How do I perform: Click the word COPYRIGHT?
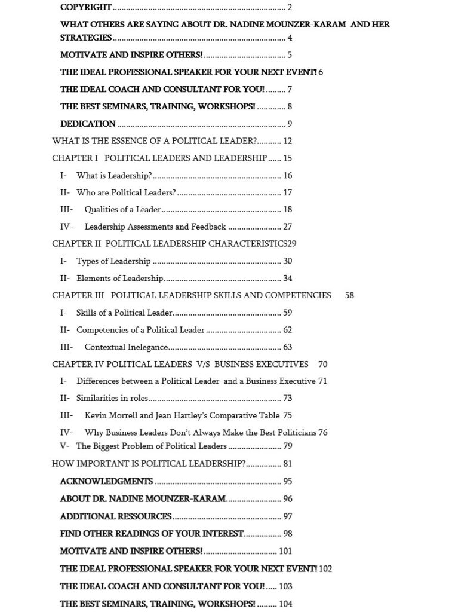(86, 7)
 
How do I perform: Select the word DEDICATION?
(88, 124)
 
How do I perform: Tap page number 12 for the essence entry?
(288, 141)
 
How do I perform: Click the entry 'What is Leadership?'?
(114, 176)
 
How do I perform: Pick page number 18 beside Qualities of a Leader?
(288, 210)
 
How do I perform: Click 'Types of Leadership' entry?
(113, 261)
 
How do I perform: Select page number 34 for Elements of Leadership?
(288, 278)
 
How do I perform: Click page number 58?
(349, 295)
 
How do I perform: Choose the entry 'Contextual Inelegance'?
(126, 347)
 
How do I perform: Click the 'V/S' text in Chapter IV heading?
(202, 364)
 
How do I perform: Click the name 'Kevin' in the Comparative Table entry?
(96, 415)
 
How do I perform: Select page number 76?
(323, 432)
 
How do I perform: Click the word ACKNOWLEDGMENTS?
(106, 481)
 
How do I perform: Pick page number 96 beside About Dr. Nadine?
(288, 499)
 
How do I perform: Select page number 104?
(285, 604)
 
